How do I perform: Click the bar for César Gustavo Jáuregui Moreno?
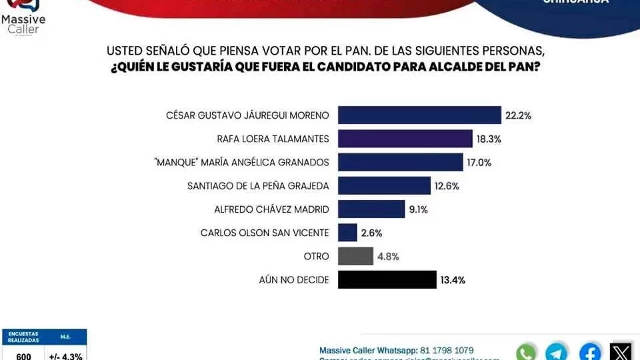coord(419,115)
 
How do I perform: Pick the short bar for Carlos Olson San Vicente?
coord(347,233)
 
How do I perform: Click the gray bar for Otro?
coord(355,256)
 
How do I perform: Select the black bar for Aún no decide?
coord(387,279)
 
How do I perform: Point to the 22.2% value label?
coord(518,115)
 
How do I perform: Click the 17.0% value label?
coord(480,162)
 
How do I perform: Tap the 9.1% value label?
coord(418,209)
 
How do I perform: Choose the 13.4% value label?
coord(451,280)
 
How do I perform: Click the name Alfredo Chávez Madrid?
coord(271,209)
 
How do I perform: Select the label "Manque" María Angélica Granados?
coord(250,162)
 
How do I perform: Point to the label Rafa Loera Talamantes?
coord(273,139)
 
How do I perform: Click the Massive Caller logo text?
coord(19,25)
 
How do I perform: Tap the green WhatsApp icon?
coord(526,352)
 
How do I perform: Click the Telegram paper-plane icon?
coord(557,352)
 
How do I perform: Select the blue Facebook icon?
coord(590,352)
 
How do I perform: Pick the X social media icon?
coord(621,352)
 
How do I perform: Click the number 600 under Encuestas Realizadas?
coord(23,356)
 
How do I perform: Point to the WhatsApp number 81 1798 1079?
coord(447,350)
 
